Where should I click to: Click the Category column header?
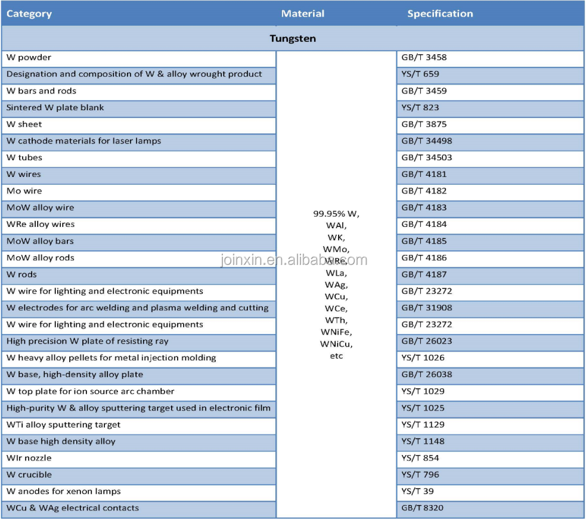pos(29,14)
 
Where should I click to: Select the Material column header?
pos(303,14)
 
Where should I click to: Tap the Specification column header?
pos(440,14)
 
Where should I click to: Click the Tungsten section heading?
pos(292,39)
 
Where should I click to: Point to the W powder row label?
pos(29,58)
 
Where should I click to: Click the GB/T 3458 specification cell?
pos(424,58)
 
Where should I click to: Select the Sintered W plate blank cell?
pos(55,108)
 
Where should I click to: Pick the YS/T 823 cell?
pos(420,108)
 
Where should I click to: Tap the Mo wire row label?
pos(24,191)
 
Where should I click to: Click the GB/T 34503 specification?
pos(426,158)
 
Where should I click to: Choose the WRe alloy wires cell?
pos(41,225)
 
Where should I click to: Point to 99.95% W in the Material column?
pos(336,213)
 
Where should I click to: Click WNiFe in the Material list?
pos(336,332)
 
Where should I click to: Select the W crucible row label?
pos(29,475)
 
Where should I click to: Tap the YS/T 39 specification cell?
pos(417,491)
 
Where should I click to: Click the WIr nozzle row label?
pos(29,458)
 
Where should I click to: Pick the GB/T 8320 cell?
pos(422,508)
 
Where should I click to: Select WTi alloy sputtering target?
pos(63,425)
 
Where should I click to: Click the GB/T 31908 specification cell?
pos(426,308)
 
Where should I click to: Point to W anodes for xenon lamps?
pos(63,491)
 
